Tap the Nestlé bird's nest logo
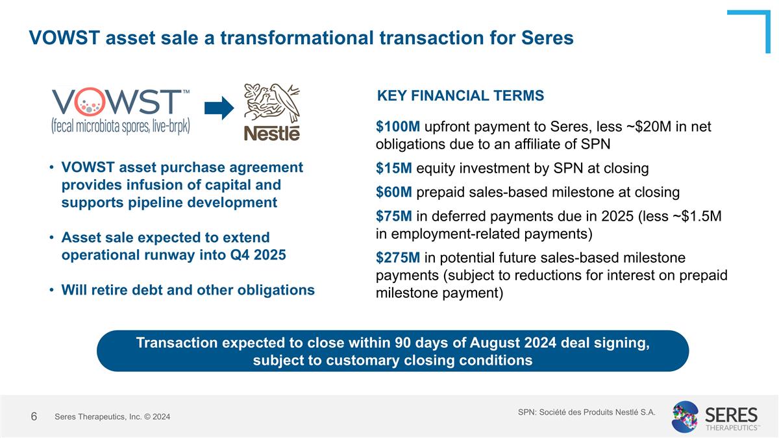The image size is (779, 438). pos(271,112)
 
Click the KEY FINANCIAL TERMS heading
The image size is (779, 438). pos(460,96)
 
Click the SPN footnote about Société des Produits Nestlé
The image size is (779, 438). pos(586,411)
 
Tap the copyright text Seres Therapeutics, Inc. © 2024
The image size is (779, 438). pos(112,417)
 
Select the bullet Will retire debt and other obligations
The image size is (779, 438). pos(188,289)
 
